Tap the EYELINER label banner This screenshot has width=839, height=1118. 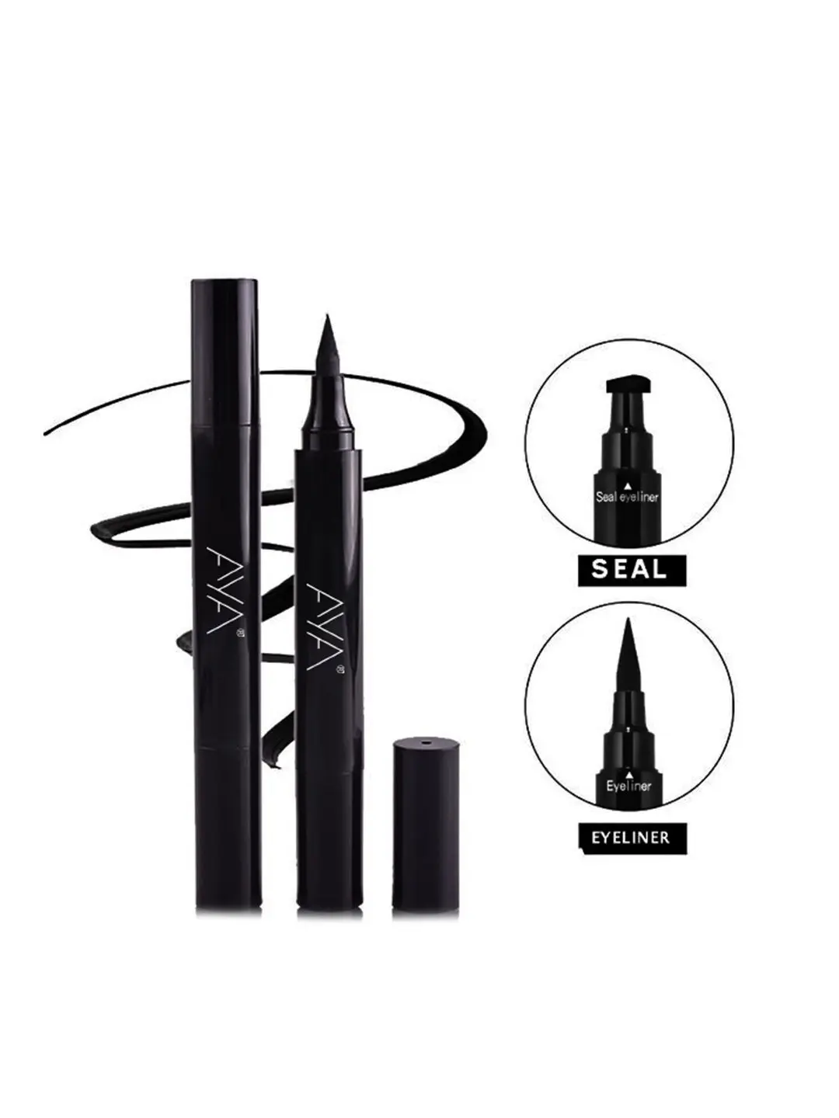[x=632, y=838]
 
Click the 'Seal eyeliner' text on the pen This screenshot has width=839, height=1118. [x=627, y=497]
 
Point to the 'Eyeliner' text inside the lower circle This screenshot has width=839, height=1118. [x=628, y=786]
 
